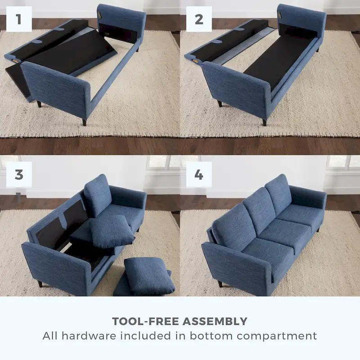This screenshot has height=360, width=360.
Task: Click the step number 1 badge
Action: click(x=19, y=19)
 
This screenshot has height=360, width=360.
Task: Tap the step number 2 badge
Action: click(x=199, y=19)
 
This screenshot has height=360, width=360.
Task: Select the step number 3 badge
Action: click(x=19, y=175)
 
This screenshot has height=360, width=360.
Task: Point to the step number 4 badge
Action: click(x=199, y=175)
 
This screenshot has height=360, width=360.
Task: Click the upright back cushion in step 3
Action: click(x=98, y=194)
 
